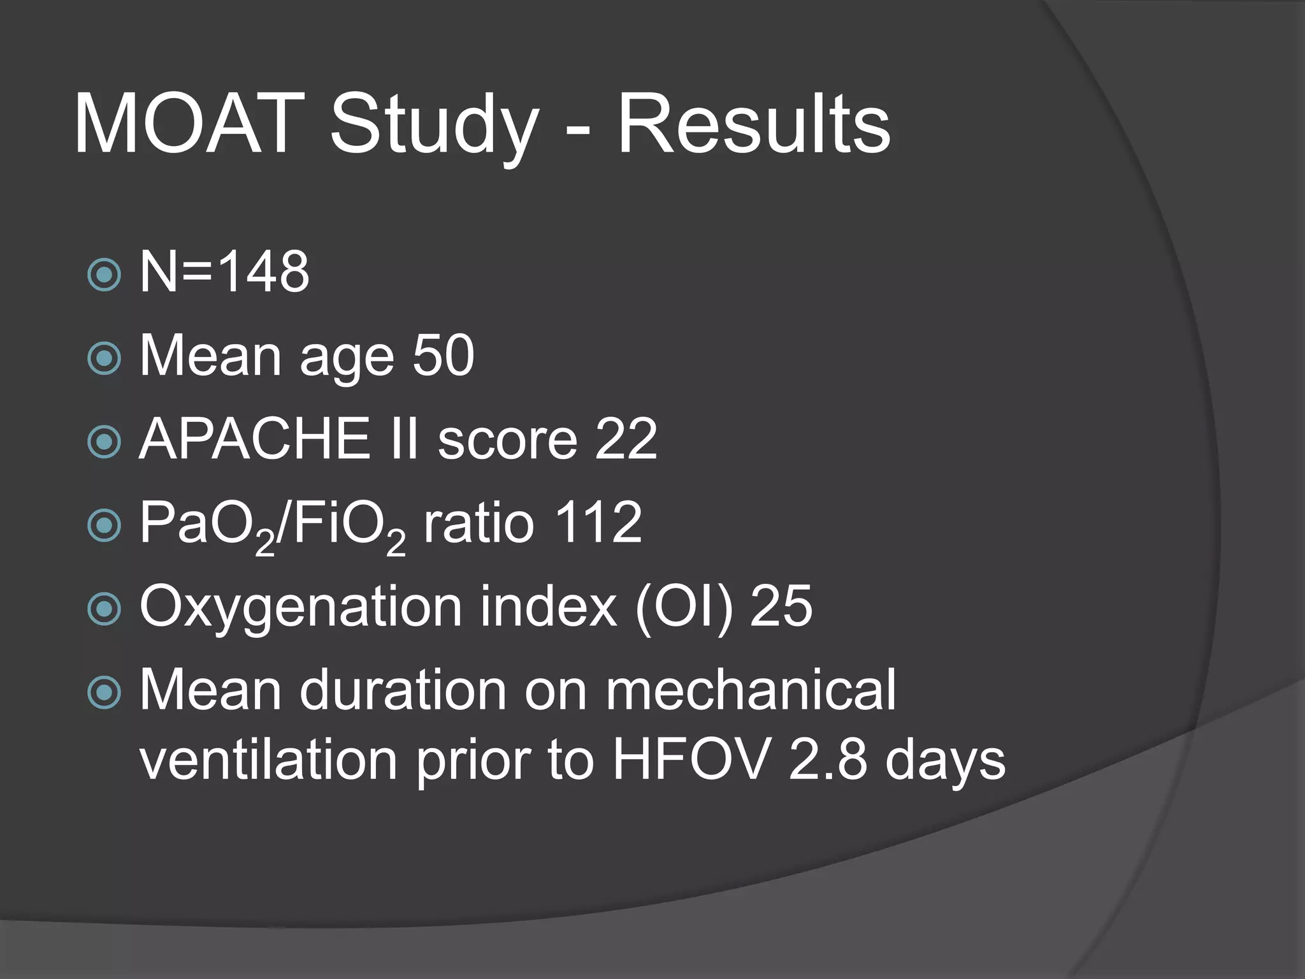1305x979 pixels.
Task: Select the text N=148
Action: click(x=224, y=272)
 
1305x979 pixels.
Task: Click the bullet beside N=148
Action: click(x=104, y=275)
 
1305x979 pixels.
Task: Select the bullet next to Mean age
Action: click(x=104, y=358)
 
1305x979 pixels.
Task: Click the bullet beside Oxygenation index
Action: click(x=104, y=609)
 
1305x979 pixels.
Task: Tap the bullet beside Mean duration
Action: click(x=104, y=692)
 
